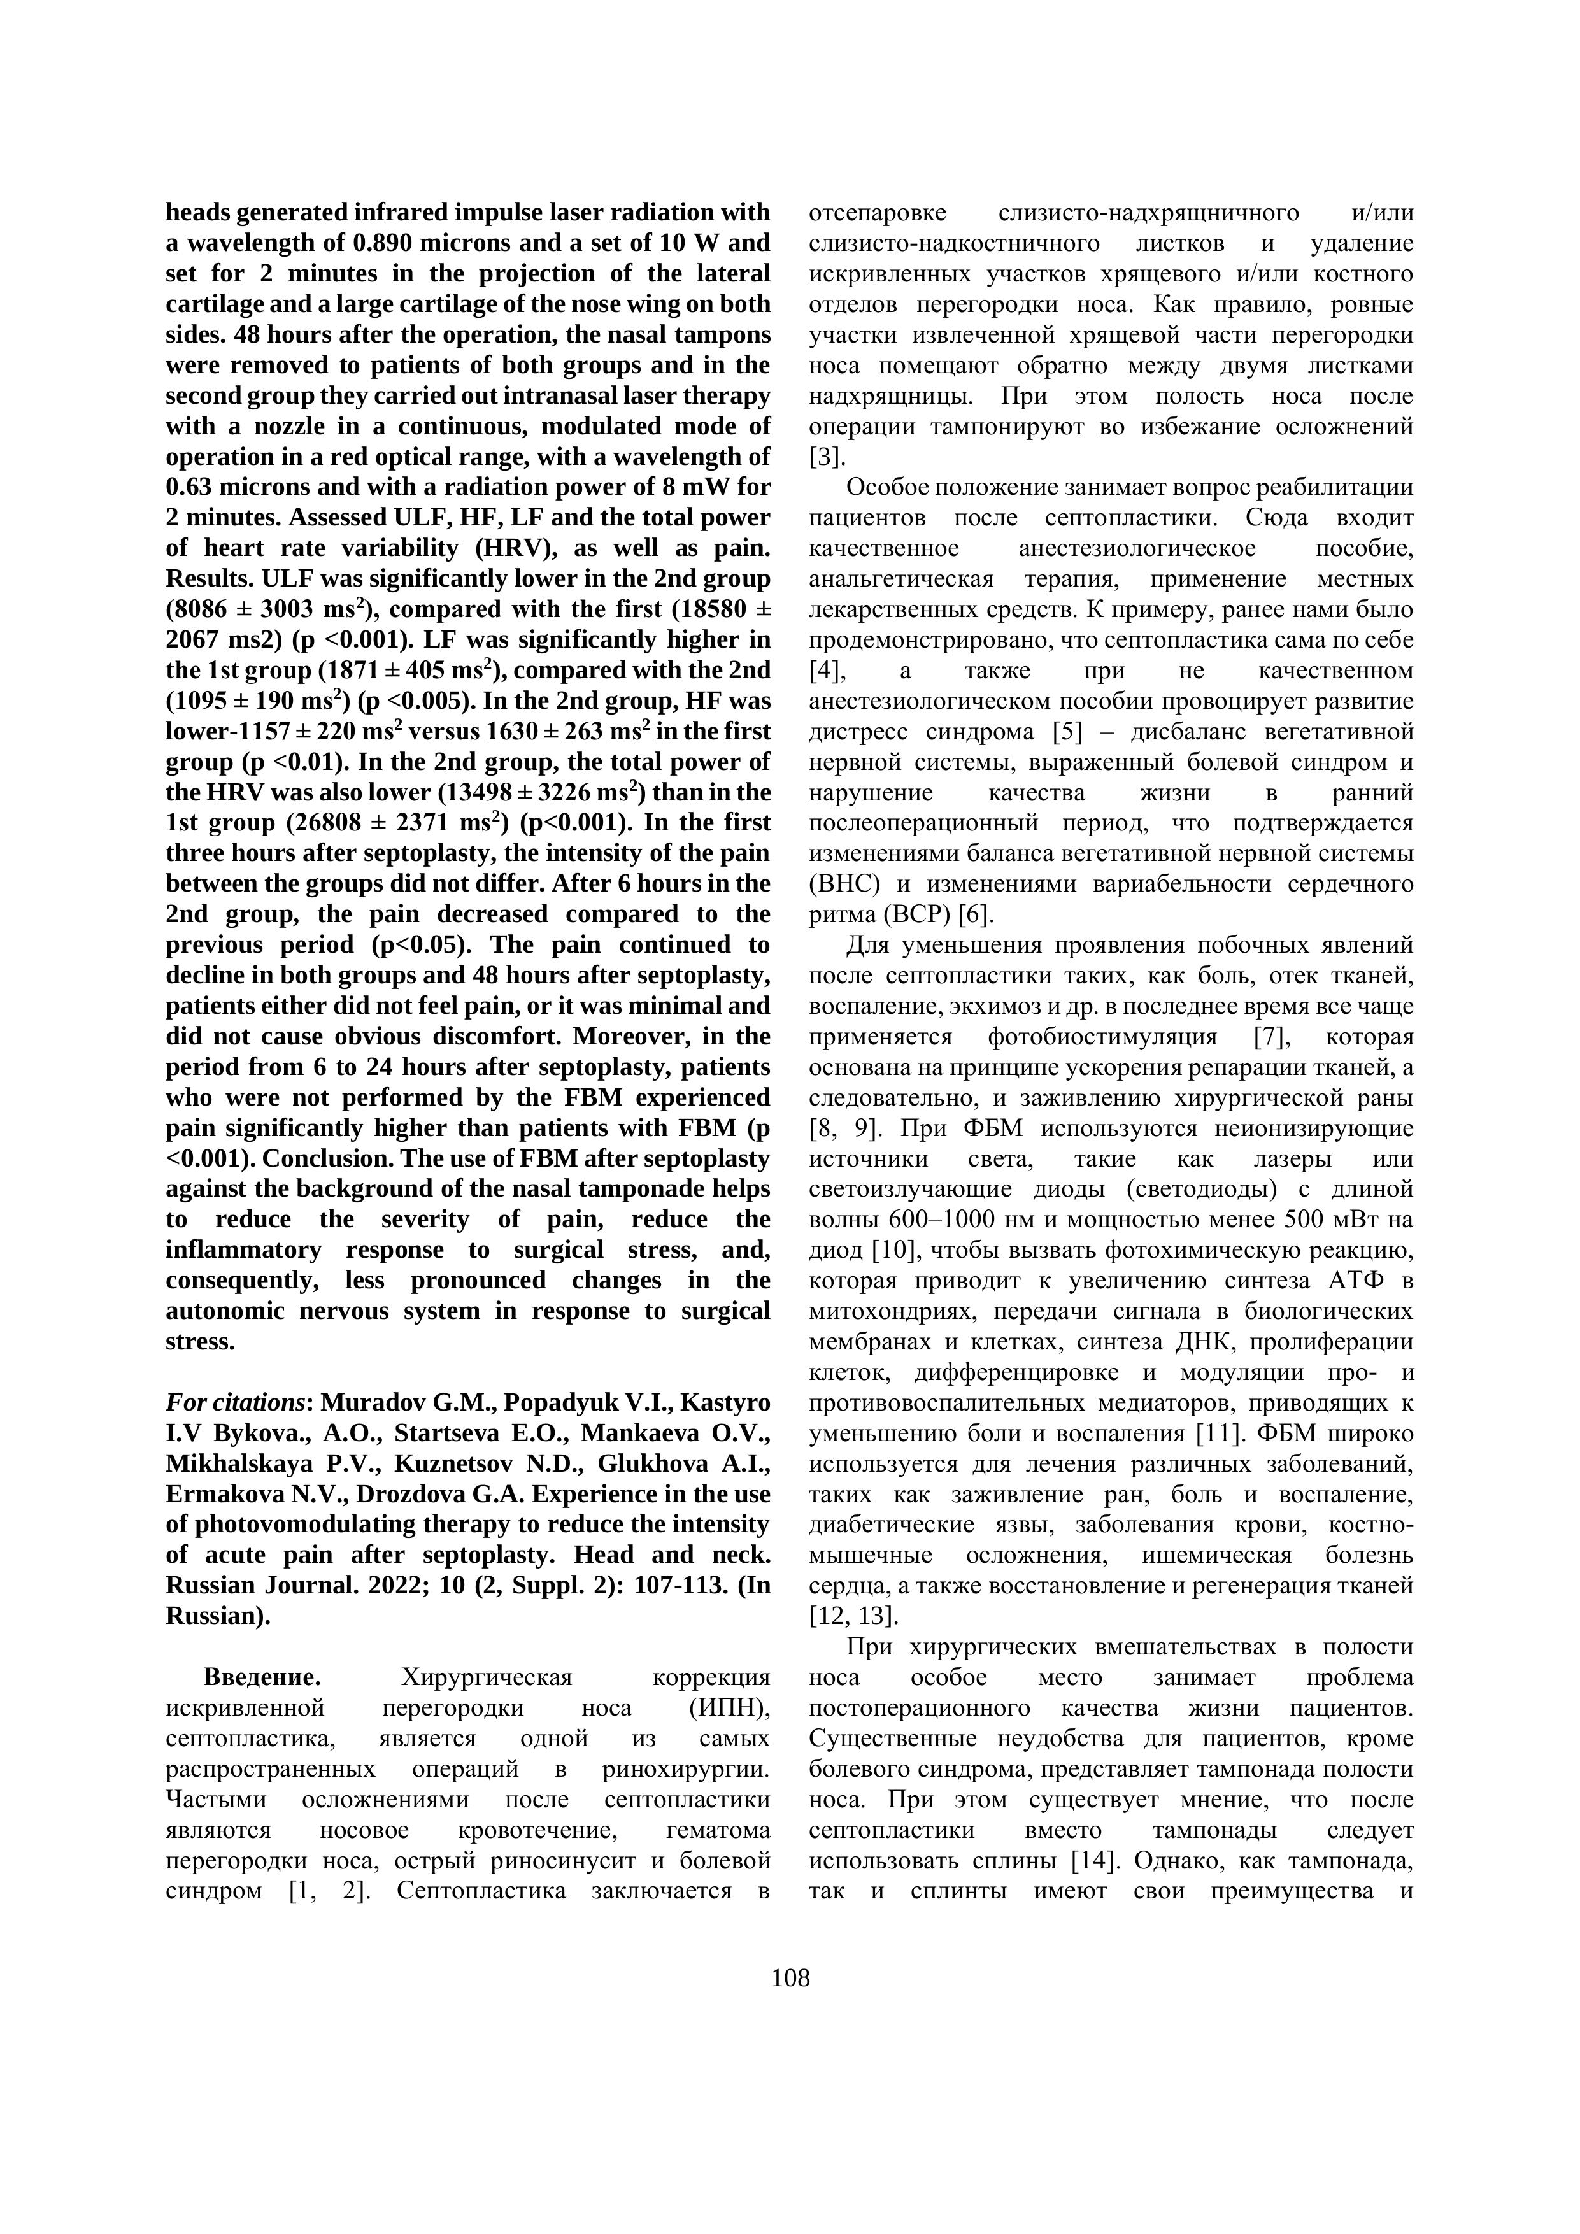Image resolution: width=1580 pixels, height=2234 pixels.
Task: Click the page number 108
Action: click(790, 1978)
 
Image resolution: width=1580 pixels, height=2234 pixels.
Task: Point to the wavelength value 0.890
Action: click(398, 242)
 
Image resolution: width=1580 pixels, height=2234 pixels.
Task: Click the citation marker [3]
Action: click(827, 457)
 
